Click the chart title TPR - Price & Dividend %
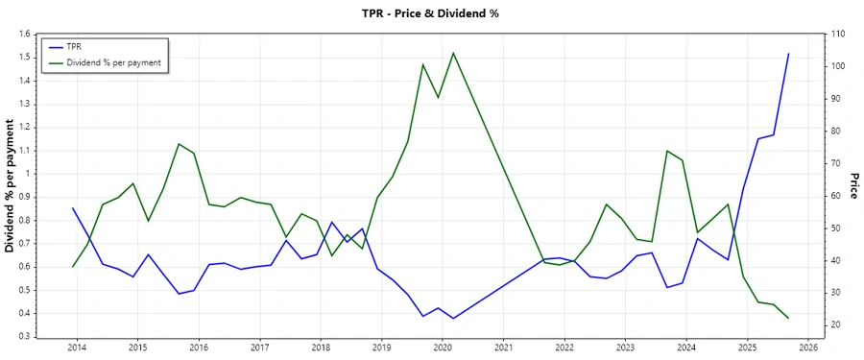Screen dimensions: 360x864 point(431,12)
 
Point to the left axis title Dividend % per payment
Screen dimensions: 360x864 point(11,185)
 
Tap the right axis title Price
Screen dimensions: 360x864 point(852,186)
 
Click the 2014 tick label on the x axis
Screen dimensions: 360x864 point(76,348)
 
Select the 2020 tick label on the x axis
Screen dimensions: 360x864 point(443,348)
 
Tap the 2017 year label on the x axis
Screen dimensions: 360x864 point(259,348)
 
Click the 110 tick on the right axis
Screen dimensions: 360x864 point(838,34)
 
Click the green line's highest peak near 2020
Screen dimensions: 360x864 point(453,53)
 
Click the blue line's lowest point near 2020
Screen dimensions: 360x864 point(453,319)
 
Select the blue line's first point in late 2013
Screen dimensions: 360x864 point(73,208)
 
